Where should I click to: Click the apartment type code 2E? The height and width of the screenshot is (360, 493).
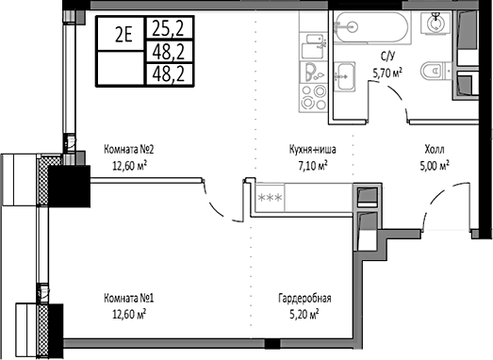click(123, 36)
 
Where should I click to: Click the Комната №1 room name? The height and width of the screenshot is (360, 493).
click(129, 299)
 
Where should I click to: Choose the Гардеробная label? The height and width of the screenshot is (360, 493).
click(304, 299)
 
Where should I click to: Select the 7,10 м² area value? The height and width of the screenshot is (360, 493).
click(309, 164)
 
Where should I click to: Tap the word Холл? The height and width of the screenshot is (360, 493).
click(434, 149)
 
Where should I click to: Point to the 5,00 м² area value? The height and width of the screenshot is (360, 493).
click(434, 164)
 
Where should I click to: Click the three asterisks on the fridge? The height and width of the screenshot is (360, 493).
click(270, 196)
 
